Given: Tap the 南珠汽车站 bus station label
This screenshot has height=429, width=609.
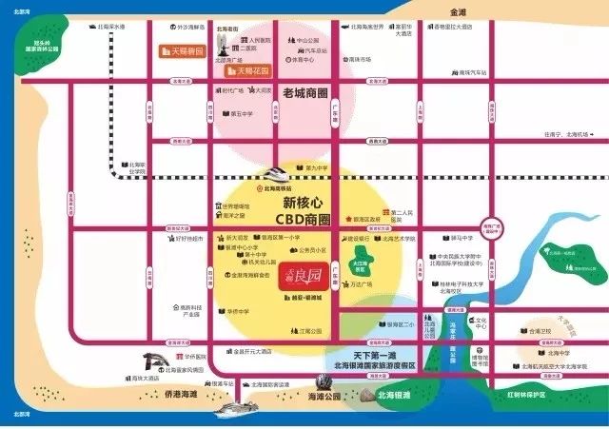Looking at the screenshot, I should point(469,72).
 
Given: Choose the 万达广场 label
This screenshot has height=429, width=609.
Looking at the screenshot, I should point(359,284).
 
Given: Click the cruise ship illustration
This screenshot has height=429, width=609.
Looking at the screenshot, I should point(238,409).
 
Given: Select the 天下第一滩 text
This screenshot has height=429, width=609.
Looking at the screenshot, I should point(363,353).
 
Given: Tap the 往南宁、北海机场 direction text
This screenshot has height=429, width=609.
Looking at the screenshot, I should point(560,135).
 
